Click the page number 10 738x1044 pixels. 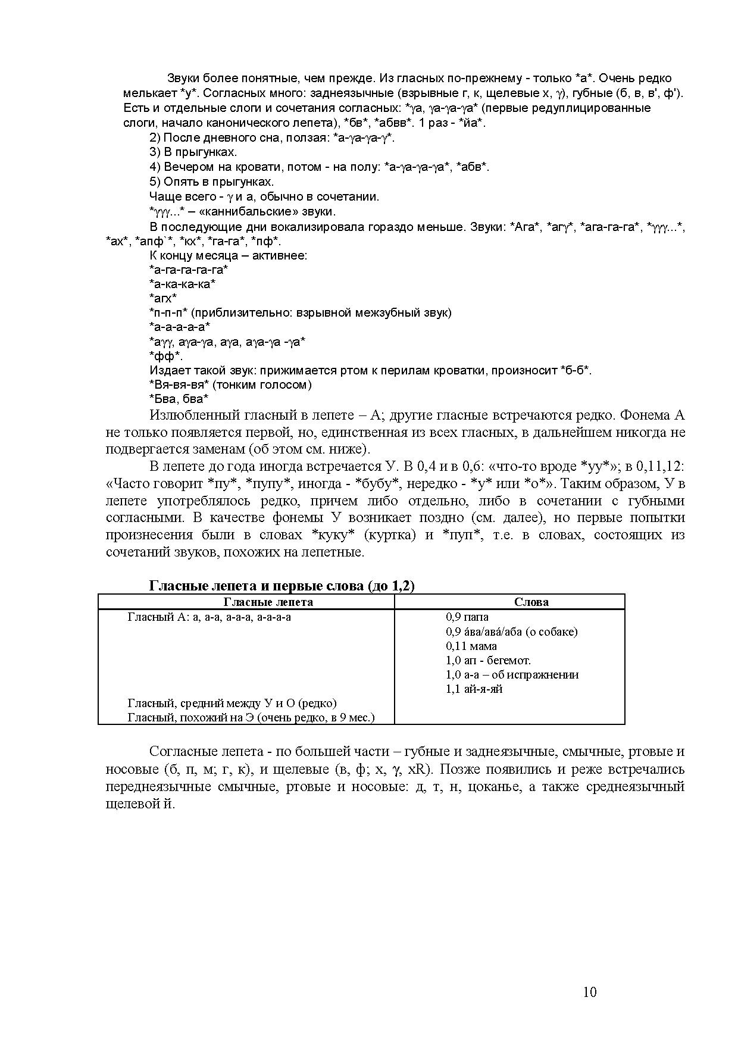(x=589, y=992)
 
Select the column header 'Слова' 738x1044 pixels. (x=531, y=602)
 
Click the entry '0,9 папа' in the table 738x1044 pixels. (x=467, y=617)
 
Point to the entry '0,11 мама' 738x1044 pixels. (x=471, y=646)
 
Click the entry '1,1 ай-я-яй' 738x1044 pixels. (x=474, y=689)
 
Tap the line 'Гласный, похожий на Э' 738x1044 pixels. (x=251, y=717)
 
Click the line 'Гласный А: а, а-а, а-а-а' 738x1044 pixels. (x=209, y=617)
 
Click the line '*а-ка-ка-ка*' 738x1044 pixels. (x=182, y=284)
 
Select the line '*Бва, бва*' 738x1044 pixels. (x=179, y=399)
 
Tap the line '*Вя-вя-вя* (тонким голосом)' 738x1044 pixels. (x=230, y=385)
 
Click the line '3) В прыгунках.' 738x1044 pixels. (x=193, y=152)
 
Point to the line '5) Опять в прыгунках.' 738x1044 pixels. (x=211, y=182)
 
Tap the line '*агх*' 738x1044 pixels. (x=162, y=298)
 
